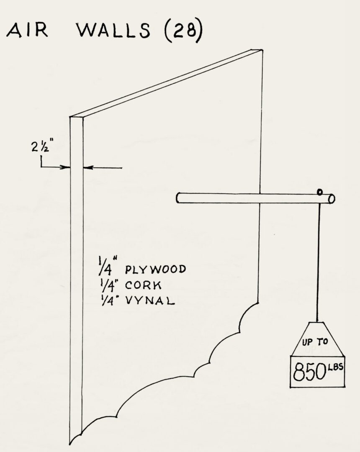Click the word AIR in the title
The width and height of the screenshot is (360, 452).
point(27,30)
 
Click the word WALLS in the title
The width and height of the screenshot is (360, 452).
point(113,30)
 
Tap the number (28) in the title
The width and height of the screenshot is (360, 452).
point(184,31)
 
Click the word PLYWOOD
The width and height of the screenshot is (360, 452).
point(155,270)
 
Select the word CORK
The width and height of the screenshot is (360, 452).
point(143,285)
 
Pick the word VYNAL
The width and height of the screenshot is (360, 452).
point(150,300)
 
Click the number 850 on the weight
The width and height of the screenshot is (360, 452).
point(308,372)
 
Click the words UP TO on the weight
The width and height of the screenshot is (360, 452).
point(315,342)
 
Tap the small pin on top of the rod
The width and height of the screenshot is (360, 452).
point(319,192)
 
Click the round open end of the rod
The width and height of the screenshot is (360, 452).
point(332,199)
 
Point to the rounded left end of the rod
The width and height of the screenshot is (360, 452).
point(178,198)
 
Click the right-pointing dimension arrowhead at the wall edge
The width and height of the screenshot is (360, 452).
point(66,167)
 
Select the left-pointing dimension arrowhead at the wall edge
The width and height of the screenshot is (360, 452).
point(87,167)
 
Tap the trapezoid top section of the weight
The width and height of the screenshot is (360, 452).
point(318,339)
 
